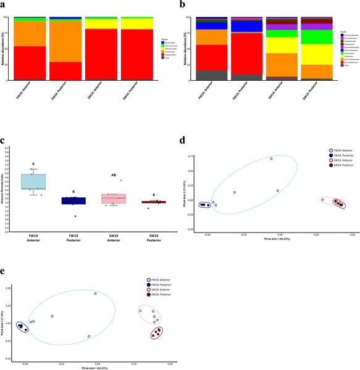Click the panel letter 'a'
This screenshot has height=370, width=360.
point(6,4)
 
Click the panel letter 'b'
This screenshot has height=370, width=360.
point(184,4)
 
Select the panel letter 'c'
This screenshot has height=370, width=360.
point(5,140)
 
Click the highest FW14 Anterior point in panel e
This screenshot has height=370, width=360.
point(96,294)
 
